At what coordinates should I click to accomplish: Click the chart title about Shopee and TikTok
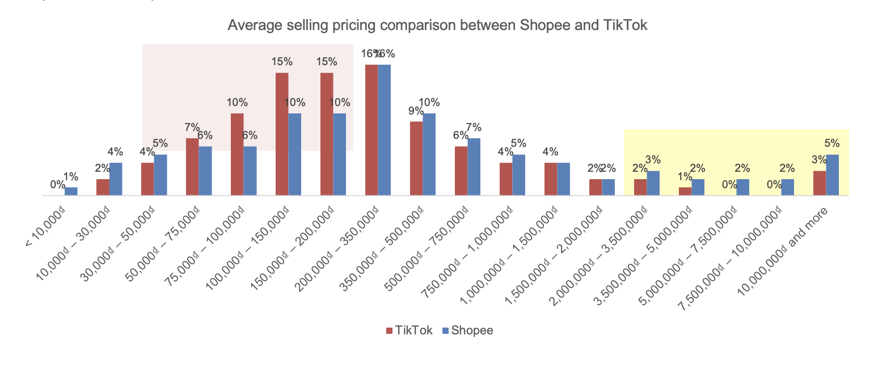pos(437,26)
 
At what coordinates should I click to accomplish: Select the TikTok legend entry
pos(409,330)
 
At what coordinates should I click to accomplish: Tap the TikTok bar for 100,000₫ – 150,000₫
pos(282,134)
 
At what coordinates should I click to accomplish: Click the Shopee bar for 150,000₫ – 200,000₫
pos(340,154)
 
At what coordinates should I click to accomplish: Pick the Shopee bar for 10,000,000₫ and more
pos(832,175)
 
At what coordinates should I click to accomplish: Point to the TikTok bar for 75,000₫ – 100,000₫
pos(237,154)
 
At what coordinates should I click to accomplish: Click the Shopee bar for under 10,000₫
pos(71,192)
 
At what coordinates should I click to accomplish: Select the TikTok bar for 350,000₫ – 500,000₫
pos(416,159)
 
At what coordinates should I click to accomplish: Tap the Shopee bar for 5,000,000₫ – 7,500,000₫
pos(742,188)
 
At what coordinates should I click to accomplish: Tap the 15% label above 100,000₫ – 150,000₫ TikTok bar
pos(282,62)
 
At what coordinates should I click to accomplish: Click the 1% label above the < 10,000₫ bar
pos(71,177)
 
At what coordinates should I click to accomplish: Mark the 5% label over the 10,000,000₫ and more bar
pos(831,144)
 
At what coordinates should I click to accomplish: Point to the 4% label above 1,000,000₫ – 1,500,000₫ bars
pos(550,152)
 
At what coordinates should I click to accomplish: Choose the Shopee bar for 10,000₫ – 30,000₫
pos(116,179)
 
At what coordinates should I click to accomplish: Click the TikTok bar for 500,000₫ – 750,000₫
pos(461,171)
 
